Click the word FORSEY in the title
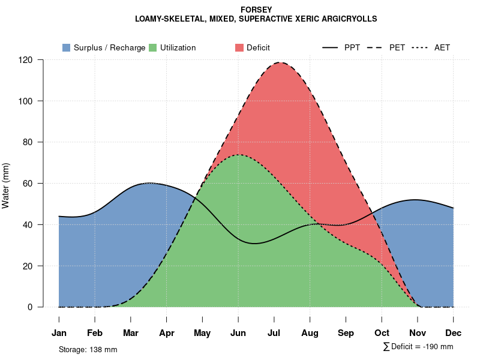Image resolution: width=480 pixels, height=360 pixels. pos(256,10)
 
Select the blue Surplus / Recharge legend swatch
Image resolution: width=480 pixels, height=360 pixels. pos(67,47)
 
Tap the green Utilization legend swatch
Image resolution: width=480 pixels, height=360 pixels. pos(153,47)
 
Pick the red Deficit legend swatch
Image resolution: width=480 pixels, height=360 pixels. pos(239,47)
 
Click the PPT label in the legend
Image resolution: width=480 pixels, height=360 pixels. pos(352,47)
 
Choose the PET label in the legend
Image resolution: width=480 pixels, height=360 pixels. pos(397,47)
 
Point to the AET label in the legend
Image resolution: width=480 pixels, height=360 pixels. pos(442,47)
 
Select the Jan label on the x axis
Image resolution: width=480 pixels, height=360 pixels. pos(59,333)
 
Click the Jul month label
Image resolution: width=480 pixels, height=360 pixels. pos(274,333)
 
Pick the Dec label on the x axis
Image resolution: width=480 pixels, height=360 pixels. pos(454,333)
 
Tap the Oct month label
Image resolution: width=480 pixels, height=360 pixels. pos(382,333)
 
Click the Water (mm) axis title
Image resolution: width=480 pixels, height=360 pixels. pos(6,185)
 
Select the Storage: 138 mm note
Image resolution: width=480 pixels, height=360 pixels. pos(88,349)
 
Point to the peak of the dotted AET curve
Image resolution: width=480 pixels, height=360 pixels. pos(239,155)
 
